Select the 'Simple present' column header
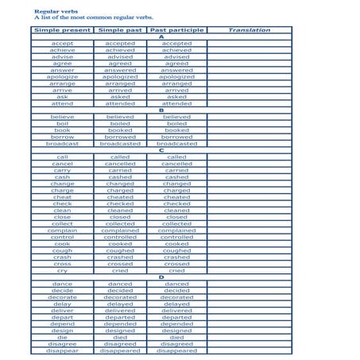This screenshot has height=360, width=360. tap(63, 30)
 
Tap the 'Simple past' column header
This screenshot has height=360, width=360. tap(120, 30)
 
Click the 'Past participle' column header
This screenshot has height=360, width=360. tap(176, 30)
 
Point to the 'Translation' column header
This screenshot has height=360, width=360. tap(249, 30)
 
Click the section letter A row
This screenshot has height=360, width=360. tap(161, 37)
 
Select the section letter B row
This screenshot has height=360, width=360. tap(161, 110)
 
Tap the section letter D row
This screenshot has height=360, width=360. tap(161, 277)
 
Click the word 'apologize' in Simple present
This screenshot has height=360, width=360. tap(63, 76)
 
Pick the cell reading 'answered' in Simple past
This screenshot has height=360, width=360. tap(120, 70)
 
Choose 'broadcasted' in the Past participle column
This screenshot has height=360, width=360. tap(176, 144)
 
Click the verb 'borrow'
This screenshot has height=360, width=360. tap(63, 137)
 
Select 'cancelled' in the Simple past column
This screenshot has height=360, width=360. tap(120, 164)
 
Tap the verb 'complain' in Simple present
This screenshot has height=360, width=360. tap(63, 230)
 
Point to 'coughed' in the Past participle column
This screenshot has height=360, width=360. tap(176, 250)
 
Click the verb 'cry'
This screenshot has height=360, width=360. tap(63, 270)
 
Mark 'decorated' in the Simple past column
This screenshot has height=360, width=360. tap(120, 297)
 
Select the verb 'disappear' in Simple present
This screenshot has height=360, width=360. tap(63, 350)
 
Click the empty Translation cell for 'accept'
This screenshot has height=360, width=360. tap(249, 44)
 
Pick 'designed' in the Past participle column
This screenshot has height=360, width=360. tap(176, 331)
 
